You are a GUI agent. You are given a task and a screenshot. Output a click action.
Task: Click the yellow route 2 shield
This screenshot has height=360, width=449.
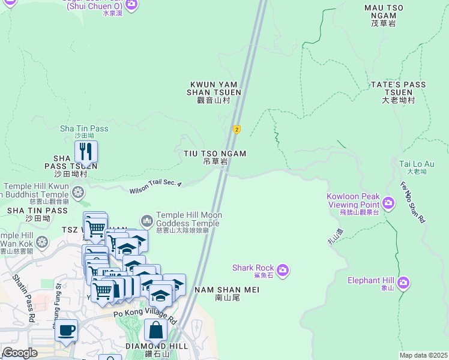click(x=237, y=130)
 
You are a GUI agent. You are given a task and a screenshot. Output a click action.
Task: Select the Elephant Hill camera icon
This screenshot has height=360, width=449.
click(x=403, y=281)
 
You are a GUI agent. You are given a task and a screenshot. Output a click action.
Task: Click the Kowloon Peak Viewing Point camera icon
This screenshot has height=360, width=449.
click(x=388, y=204)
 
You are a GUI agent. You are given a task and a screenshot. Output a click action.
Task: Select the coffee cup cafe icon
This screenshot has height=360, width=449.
click(x=66, y=329)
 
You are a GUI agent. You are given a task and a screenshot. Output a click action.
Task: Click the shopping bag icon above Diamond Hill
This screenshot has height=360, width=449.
click(x=155, y=329)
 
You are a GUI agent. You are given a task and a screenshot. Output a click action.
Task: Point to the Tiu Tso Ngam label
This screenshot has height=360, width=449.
click(x=215, y=157)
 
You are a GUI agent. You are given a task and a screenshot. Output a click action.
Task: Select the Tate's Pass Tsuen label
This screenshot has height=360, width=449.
click(x=399, y=92)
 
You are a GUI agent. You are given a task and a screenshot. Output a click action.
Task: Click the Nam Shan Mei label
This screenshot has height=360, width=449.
click(x=228, y=293)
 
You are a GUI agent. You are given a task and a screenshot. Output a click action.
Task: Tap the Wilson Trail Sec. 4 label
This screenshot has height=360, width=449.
click(x=155, y=187)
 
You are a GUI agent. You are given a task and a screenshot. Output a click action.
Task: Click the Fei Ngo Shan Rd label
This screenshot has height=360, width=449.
click(x=412, y=202)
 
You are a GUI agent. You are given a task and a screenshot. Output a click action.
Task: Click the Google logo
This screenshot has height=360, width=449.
click(x=20, y=353)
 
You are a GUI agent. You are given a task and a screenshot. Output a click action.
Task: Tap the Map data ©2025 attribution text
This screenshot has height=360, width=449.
click(x=423, y=355)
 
